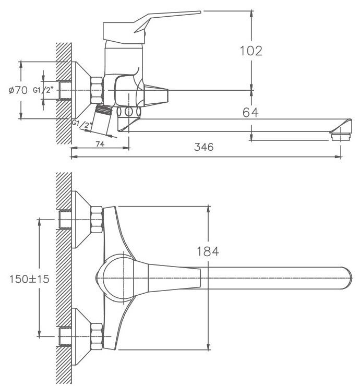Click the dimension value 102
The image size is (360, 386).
(x=250, y=51)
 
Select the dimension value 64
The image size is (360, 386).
(x=250, y=112)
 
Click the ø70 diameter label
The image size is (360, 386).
(x=17, y=90)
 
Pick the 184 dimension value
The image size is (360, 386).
(x=208, y=251)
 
